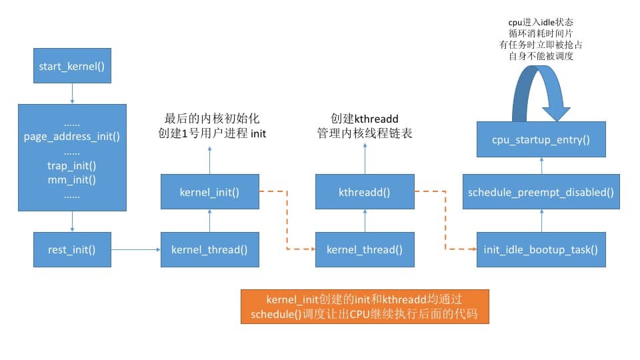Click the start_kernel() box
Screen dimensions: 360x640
click(72, 67)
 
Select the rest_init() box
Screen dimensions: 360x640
click(72, 250)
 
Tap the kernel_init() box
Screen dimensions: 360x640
click(209, 192)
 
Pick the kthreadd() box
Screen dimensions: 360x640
click(364, 192)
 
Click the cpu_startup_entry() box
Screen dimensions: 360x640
click(541, 139)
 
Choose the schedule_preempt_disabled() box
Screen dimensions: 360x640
click(541, 192)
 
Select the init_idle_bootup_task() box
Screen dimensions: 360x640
click(541, 250)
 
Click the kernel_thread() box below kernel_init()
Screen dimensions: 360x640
click(209, 250)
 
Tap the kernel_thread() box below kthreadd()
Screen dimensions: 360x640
click(364, 250)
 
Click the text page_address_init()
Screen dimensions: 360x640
click(72, 137)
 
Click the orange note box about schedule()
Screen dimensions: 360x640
click(365, 307)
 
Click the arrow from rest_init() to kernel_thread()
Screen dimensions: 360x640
click(136, 250)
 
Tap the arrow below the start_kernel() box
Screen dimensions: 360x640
click(72, 94)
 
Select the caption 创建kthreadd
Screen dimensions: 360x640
click(364, 118)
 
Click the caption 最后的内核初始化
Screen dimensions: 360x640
click(209, 118)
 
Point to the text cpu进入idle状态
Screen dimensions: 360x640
click(541, 23)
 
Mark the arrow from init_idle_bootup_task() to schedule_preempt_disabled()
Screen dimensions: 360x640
click(541, 221)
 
